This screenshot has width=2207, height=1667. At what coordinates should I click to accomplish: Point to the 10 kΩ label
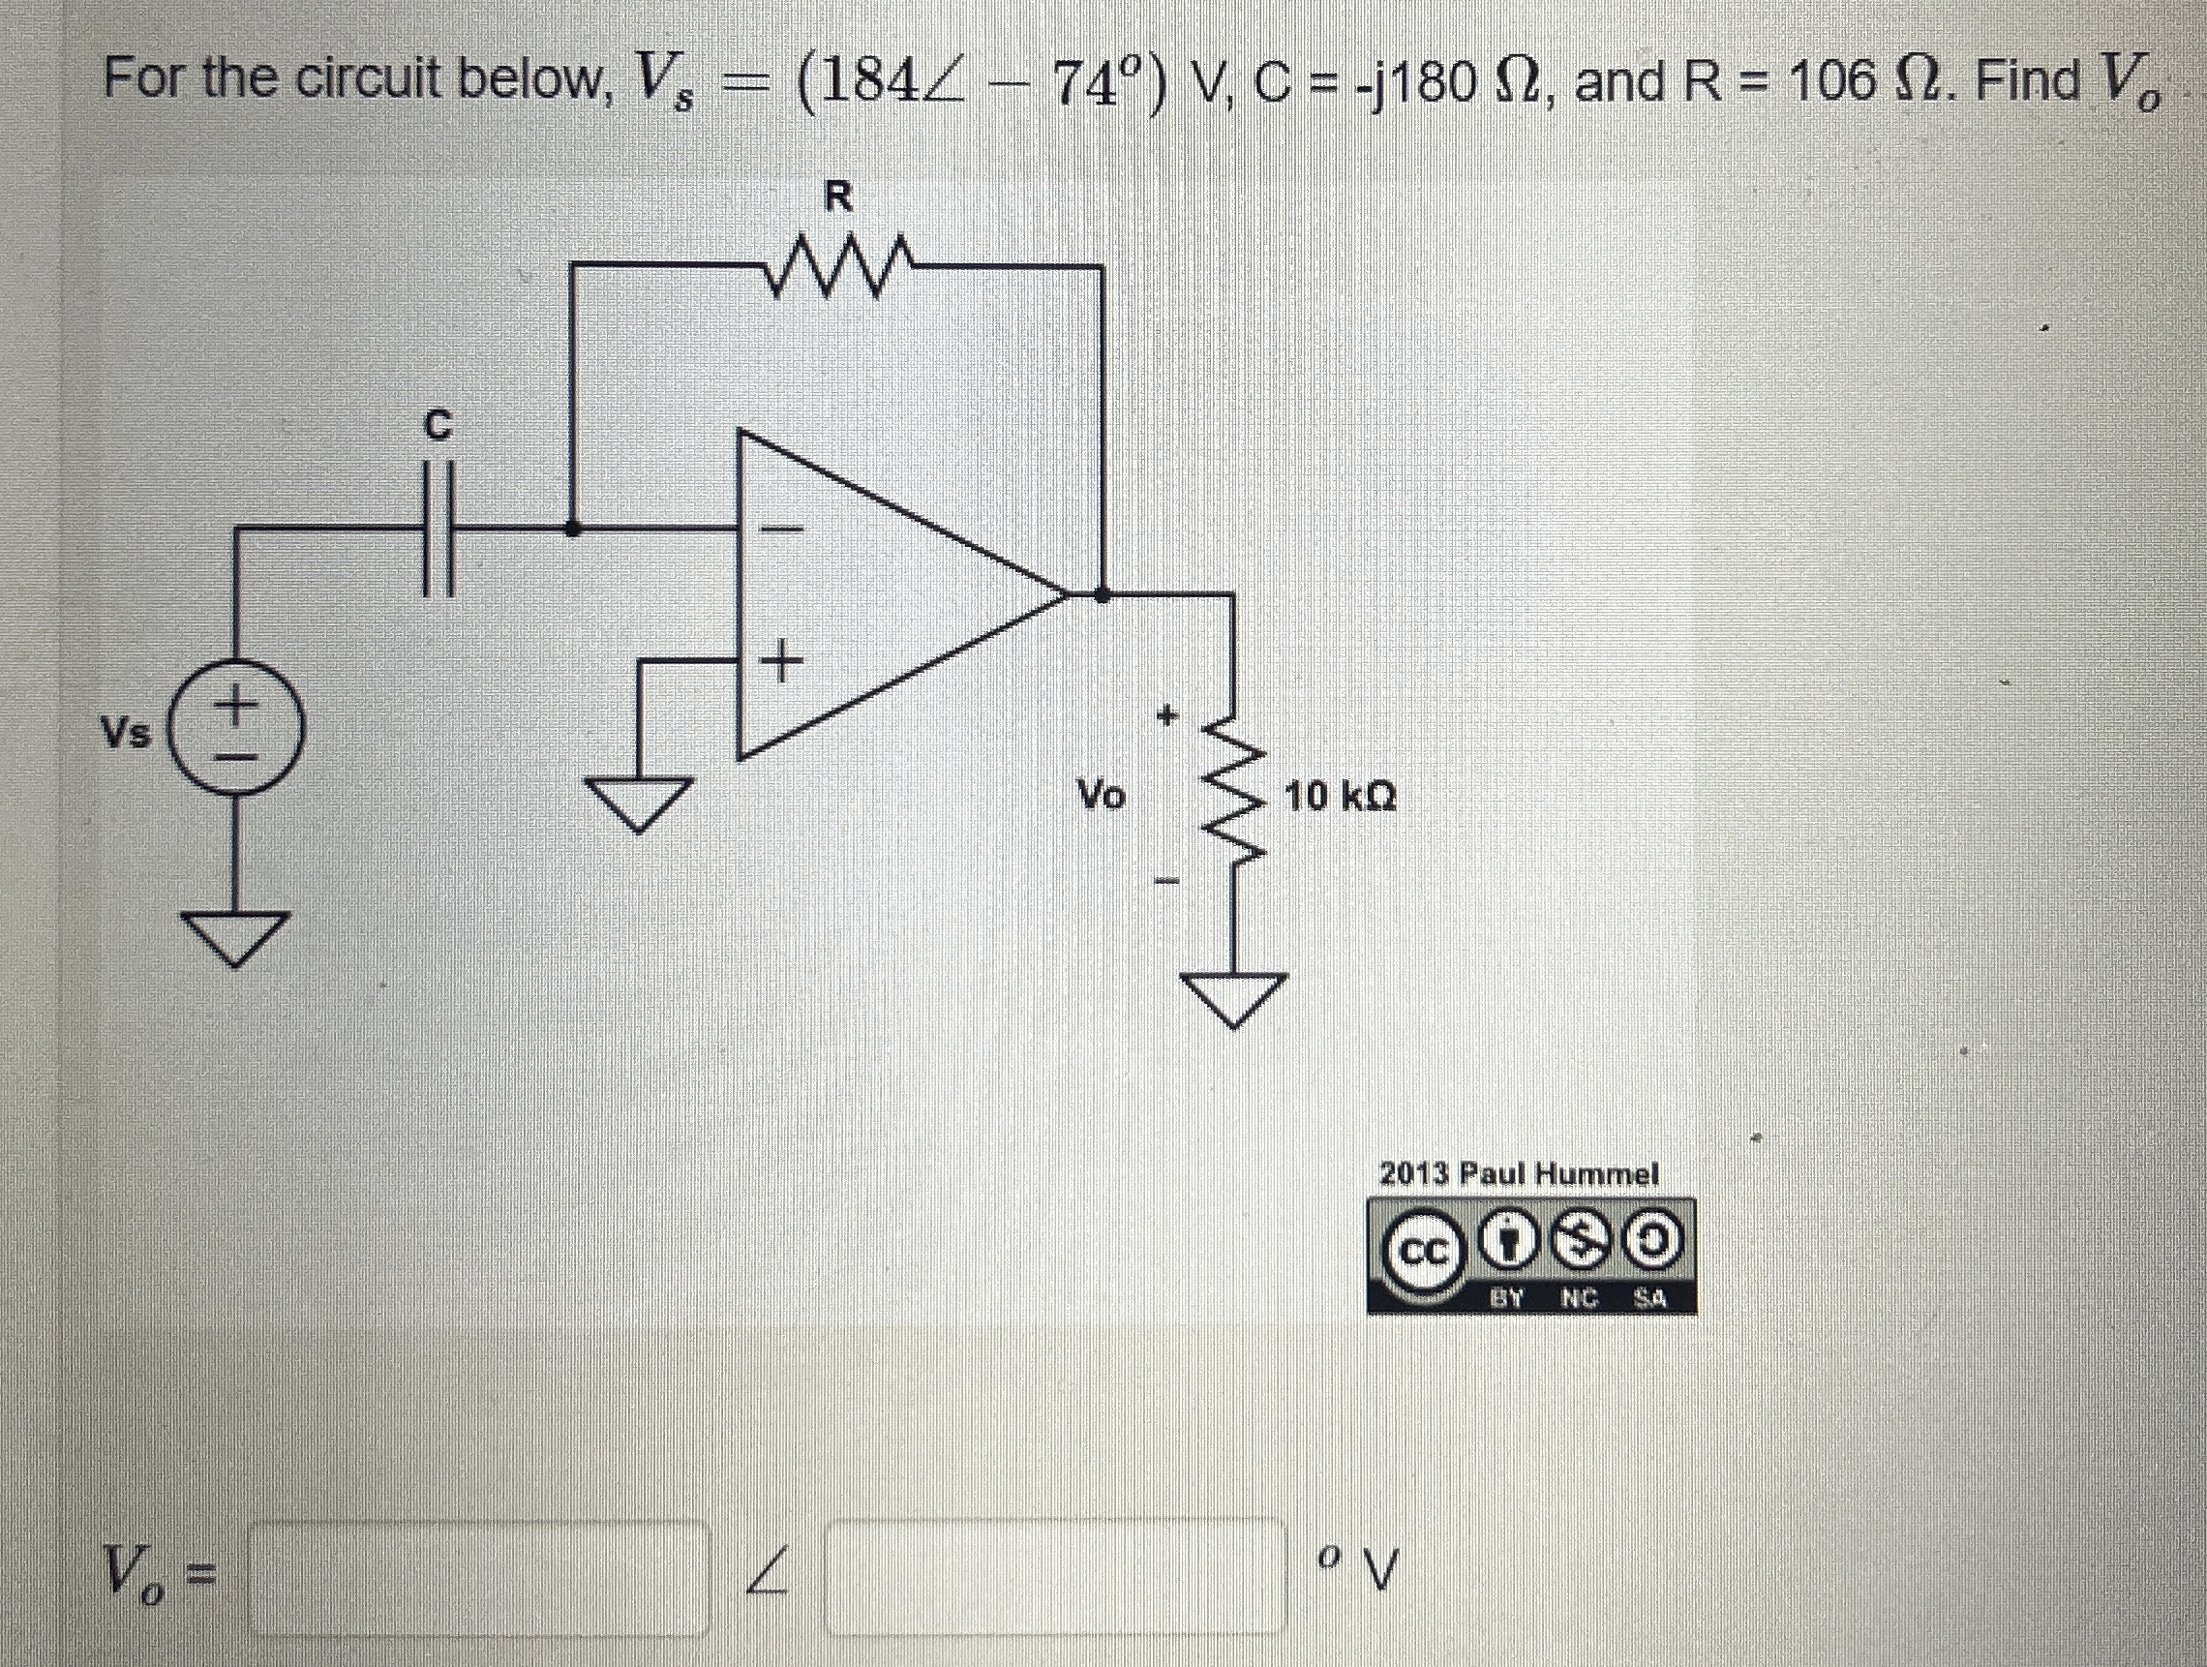(1340, 796)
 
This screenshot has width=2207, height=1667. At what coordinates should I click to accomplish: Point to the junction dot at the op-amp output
(1101, 594)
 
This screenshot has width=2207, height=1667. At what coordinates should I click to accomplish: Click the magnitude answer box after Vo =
(479, 1578)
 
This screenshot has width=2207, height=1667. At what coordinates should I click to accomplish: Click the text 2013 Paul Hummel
(1518, 1173)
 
